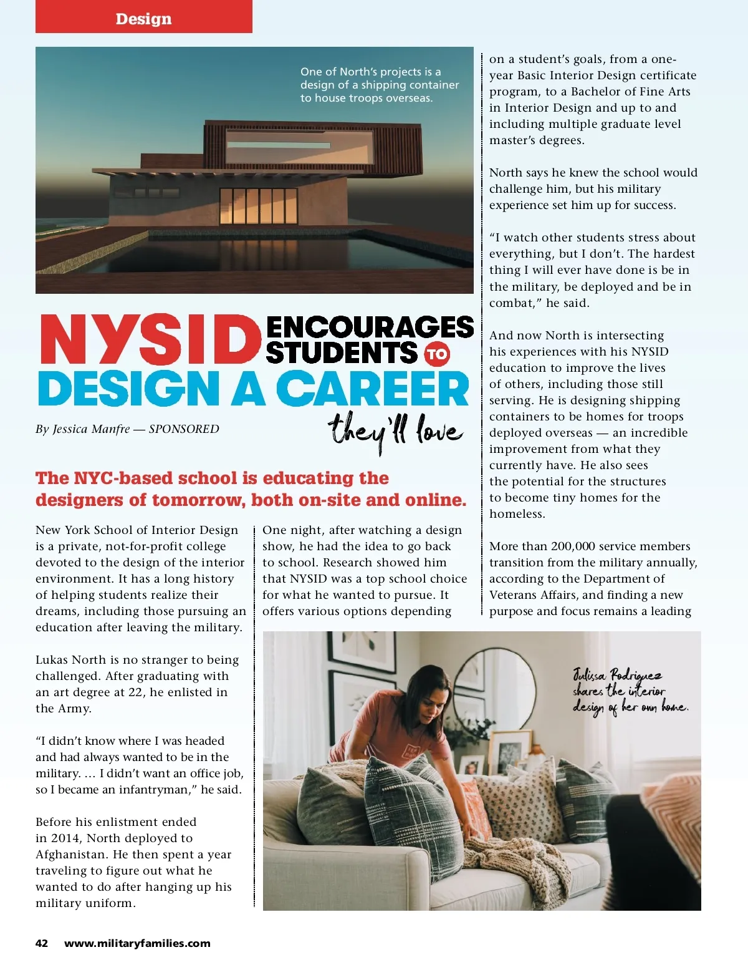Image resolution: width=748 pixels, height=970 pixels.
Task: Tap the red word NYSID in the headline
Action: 150,340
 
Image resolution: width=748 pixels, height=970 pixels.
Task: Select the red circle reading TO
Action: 437,354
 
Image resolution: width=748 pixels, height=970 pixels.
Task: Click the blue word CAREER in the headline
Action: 372,389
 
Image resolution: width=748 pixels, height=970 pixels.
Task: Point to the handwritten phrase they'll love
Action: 395,431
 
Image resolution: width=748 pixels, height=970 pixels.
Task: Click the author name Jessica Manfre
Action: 91,429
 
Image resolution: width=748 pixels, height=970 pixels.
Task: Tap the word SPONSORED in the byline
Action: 184,429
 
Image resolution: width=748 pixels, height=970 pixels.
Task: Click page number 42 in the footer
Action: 42,943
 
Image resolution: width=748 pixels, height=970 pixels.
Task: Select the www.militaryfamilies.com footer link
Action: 137,943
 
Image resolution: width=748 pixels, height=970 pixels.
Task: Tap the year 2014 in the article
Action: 65,838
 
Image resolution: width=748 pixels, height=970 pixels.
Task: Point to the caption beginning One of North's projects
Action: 379,85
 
